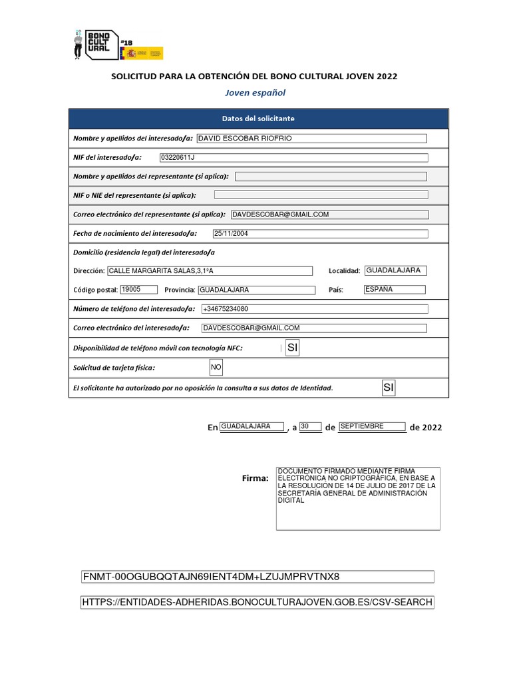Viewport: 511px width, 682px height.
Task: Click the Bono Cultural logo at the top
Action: [97, 45]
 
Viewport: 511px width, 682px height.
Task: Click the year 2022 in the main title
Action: [387, 76]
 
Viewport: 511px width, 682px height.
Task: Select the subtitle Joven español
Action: [255, 93]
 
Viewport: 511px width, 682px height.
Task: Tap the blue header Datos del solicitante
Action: [258, 119]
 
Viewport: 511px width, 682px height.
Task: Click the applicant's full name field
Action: [311, 139]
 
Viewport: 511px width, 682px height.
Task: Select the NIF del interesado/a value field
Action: [293, 157]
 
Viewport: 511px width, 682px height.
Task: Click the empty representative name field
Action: [331, 176]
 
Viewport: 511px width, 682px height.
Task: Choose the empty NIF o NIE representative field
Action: [321, 195]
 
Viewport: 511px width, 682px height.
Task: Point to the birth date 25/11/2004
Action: [319, 234]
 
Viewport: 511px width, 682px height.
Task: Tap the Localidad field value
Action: [396, 270]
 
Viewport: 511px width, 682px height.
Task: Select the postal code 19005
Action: [138, 290]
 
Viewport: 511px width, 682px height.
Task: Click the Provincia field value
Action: [257, 290]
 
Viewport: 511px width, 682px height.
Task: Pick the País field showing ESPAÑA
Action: [394, 290]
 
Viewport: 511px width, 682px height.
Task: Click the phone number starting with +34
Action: [314, 309]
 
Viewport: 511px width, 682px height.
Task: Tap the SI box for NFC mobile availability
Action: [292, 348]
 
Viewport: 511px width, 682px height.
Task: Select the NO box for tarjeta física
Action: [216, 368]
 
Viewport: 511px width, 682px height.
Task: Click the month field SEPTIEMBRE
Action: [372, 426]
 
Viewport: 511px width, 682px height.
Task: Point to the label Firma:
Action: [255, 478]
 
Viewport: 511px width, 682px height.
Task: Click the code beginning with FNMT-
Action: [257, 577]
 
